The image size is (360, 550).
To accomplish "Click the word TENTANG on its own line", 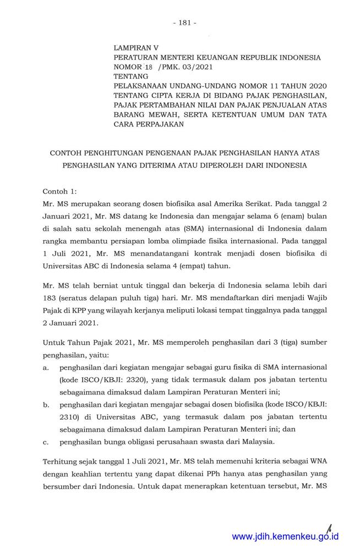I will click(131, 76).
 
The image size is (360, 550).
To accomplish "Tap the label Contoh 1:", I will click(61, 191).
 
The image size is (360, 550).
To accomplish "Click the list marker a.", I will click(46, 366).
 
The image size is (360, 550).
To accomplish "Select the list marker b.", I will click(46, 405).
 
